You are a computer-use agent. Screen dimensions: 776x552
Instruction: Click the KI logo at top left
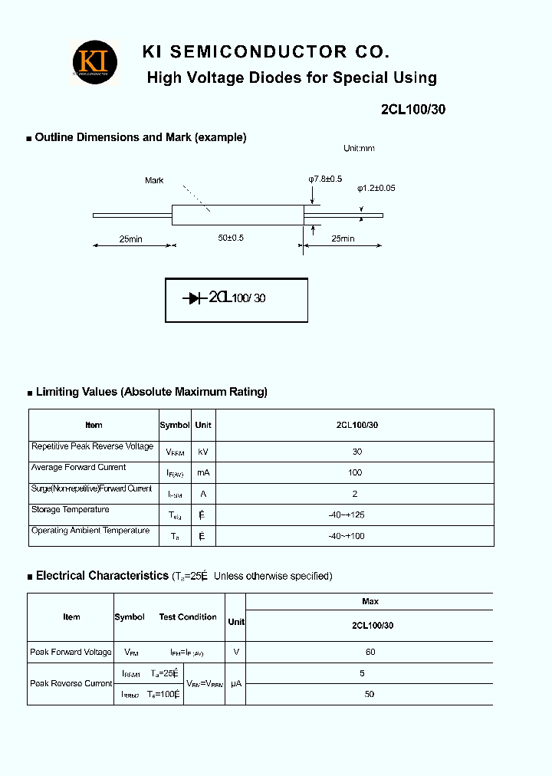(x=95, y=61)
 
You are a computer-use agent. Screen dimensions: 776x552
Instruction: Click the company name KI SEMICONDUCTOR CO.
(x=266, y=52)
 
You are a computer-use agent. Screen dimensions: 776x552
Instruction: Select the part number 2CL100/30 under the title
(x=412, y=109)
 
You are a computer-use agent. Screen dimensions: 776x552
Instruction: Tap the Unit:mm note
(x=359, y=149)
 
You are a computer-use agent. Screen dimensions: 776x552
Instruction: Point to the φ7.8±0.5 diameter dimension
(x=325, y=179)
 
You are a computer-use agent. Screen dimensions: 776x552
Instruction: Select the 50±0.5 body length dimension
(x=230, y=238)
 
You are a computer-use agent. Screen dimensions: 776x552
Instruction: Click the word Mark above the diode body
(x=154, y=181)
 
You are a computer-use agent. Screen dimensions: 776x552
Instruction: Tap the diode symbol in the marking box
(x=192, y=298)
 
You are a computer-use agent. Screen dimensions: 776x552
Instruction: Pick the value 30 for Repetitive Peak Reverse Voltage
(x=357, y=452)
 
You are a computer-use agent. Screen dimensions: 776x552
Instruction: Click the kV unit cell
(x=203, y=452)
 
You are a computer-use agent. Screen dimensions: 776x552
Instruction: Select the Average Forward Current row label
(x=78, y=467)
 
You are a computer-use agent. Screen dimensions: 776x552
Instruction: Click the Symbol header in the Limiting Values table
(x=175, y=425)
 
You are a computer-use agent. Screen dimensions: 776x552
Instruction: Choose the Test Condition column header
(x=188, y=617)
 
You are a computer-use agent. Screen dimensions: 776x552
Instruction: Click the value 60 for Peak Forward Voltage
(x=370, y=653)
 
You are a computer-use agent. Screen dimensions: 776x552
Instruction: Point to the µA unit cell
(x=236, y=683)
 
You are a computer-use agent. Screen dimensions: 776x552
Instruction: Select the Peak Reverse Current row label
(x=71, y=683)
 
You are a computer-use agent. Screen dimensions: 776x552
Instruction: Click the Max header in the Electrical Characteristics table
(x=370, y=601)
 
